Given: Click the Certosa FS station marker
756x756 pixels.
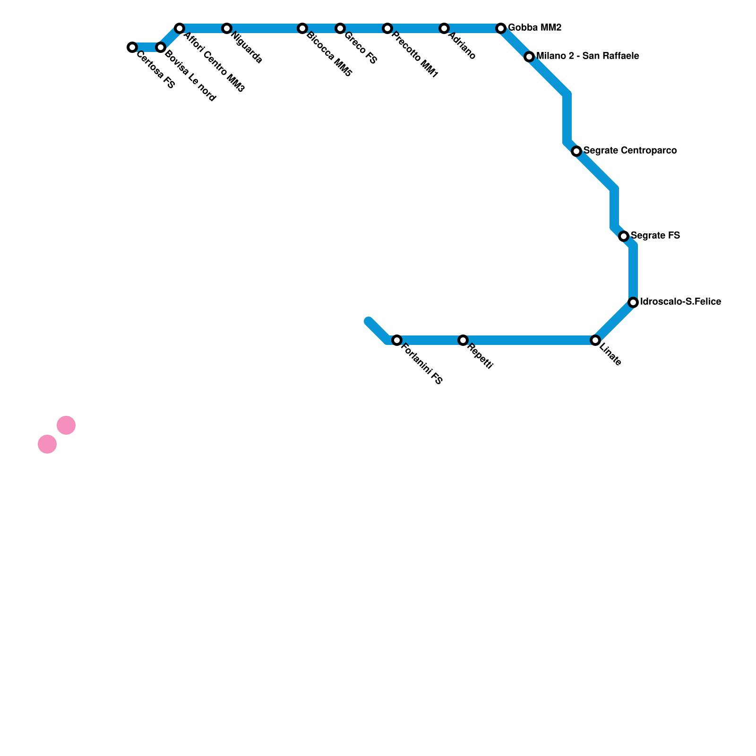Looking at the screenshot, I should coord(132,47).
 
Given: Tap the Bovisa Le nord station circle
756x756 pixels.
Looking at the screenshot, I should coord(161,47).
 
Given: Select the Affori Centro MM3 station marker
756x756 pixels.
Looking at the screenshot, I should coord(180,28).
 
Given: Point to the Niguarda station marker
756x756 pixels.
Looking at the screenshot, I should coord(227,28).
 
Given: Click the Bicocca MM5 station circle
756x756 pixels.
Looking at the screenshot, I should coord(302,28).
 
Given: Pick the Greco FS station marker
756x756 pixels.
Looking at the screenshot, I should coord(340,28).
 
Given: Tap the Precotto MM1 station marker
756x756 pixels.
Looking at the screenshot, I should coord(387,28).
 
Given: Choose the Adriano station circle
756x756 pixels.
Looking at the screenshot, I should coord(444,28).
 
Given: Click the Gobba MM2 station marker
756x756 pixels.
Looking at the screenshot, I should coord(501,28).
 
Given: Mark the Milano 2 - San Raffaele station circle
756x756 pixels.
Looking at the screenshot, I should coord(529,57).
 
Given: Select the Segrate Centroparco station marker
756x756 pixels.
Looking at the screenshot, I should coord(576,151).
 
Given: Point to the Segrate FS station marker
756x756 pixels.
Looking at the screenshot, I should coord(624,236).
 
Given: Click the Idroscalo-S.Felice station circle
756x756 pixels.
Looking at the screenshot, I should coord(633,302).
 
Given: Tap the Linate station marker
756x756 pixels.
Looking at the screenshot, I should coord(595,340).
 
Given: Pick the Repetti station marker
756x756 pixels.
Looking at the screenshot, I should coord(463,340).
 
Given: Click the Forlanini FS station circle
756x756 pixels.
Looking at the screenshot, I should coord(397,340).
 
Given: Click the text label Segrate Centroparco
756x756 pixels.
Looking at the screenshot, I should coord(630,151).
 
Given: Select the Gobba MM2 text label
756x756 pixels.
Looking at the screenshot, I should coord(534,28).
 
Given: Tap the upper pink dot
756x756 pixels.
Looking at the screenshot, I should coord(66,425).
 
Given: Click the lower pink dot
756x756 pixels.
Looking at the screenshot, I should coord(47,444).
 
